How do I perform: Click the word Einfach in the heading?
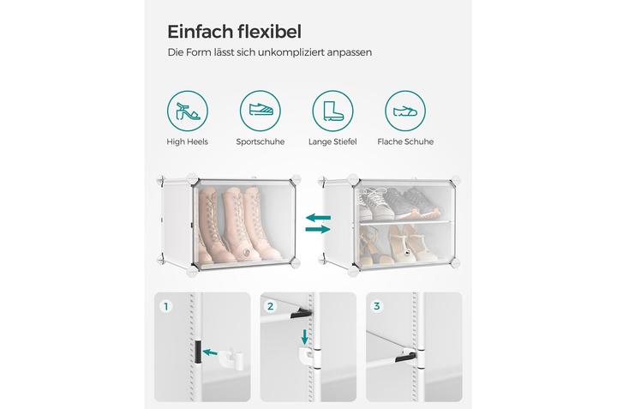tap(201, 32)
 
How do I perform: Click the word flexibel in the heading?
tap(270, 32)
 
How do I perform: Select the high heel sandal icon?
tap(188, 111)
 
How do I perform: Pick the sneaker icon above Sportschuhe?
tap(261, 111)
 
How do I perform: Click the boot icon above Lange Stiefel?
tap(332, 111)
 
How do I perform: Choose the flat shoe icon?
tap(405, 111)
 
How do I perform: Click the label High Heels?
tap(188, 141)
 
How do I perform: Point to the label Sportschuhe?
tap(261, 141)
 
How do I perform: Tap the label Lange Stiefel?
tap(332, 141)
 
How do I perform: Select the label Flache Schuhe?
tap(405, 141)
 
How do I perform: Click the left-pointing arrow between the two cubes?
tap(318, 217)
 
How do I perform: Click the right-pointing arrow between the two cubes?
tap(318, 229)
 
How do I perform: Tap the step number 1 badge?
tap(166, 306)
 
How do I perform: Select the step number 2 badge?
tap(270, 306)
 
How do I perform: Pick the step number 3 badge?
tap(377, 306)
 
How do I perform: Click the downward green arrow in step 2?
tap(304, 337)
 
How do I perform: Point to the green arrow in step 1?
tap(211, 352)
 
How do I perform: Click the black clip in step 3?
tap(404, 357)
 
